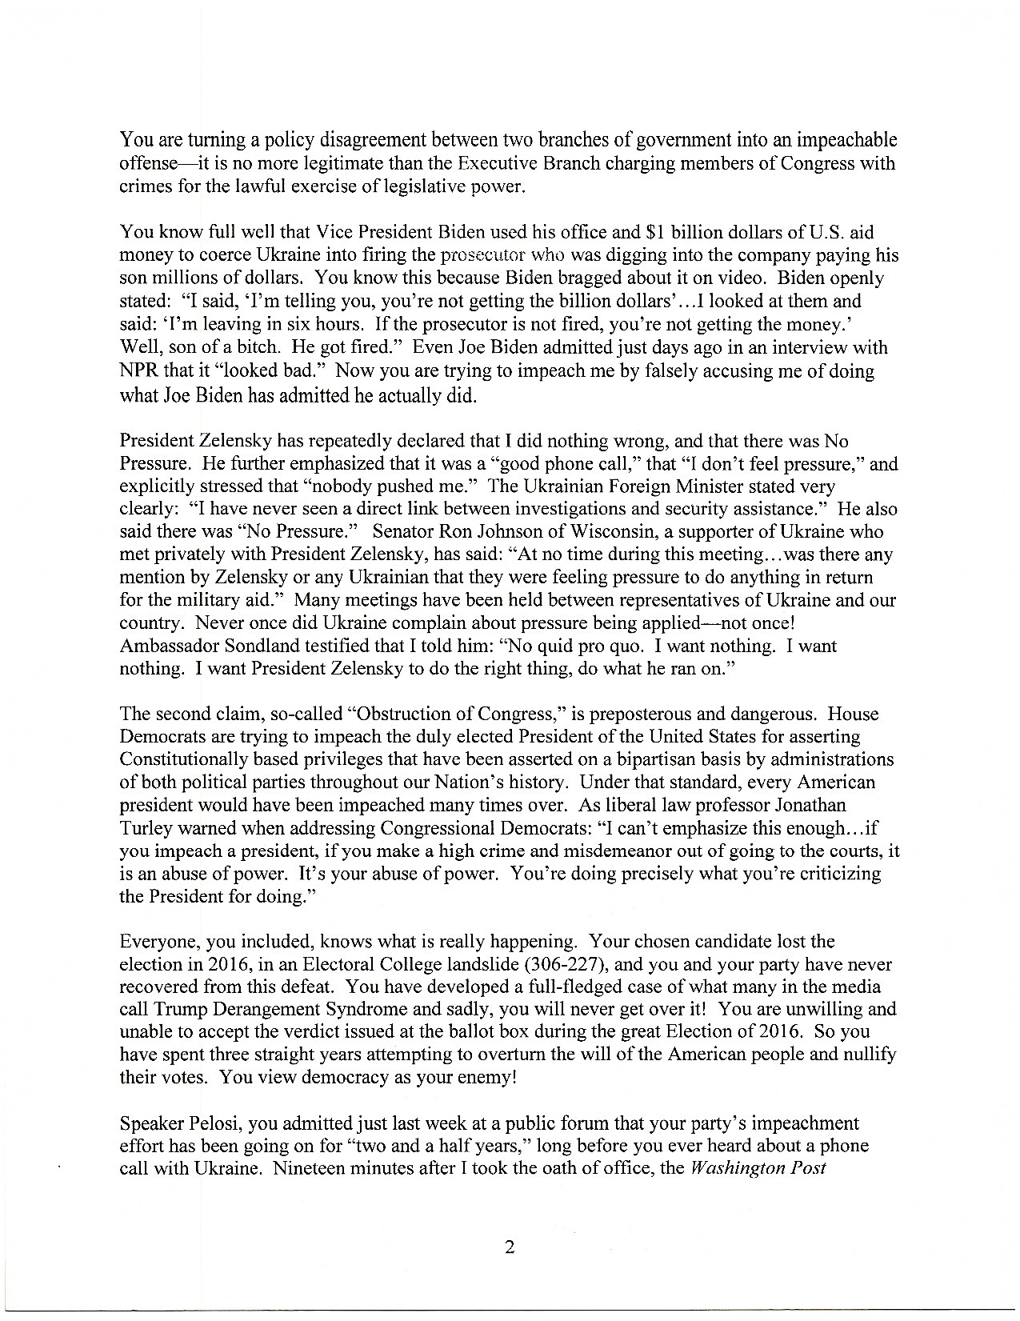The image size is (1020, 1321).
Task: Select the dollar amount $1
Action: click(654, 233)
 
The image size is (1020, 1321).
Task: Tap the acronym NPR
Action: click(137, 371)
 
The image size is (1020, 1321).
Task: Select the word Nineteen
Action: click(305, 1167)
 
